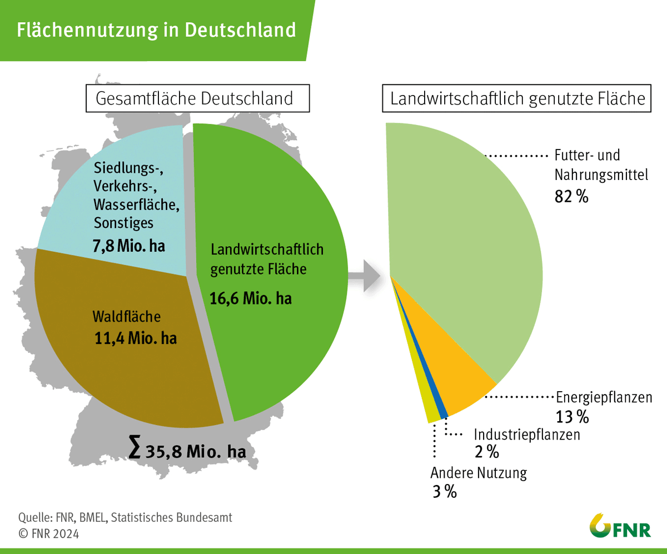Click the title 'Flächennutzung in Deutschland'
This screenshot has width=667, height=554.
coord(156,29)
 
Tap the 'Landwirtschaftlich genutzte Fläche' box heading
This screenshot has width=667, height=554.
coord(517,98)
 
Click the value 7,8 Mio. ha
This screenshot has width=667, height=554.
coord(130,245)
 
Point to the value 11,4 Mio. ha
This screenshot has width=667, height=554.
coord(136,338)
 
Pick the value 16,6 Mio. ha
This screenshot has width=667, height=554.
coord(251,298)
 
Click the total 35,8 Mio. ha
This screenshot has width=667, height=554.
coord(195,451)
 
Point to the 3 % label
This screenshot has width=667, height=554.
coord(444,491)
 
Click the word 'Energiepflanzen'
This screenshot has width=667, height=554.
coord(604,398)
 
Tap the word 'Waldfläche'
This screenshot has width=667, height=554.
coord(126,317)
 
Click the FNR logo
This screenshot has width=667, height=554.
coord(620,525)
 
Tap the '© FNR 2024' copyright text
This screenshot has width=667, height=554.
coord(49,534)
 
